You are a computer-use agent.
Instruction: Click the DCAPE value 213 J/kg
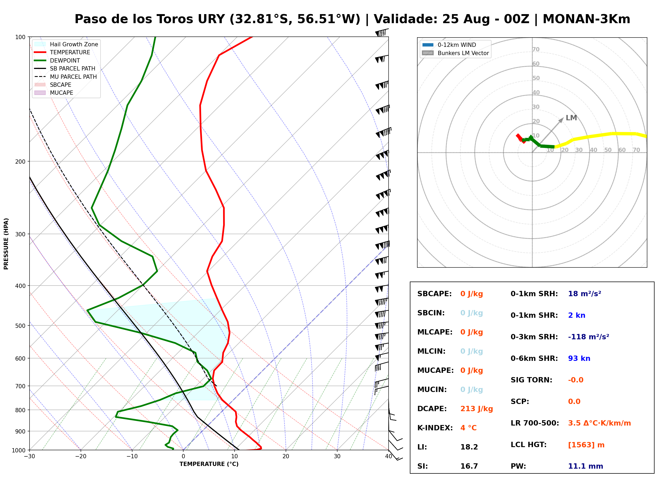[x=476, y=409]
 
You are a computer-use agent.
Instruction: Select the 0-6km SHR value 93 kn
[x=579, y=358]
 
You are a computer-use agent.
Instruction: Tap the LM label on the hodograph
[x=571, y=118]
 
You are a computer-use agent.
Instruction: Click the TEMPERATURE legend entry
[x=62, y=52]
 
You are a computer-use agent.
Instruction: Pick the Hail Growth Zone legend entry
[x=66, y=44]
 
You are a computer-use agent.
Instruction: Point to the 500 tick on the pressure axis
[x=21, y=326]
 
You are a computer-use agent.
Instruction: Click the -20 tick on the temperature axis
[x=80, y=456]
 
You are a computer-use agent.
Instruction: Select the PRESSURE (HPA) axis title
[x=6, y=243]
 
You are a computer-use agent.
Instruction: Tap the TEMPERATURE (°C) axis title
[x=209, y=464]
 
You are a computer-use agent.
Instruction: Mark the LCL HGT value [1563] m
[x=586, y=445]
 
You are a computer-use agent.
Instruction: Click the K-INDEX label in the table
[x=435, y=428]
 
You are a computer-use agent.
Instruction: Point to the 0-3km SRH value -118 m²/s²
[x=588, y=337]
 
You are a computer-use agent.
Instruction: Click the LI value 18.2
[x=469, y=447]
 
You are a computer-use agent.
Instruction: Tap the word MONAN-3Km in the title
[x=586, y=19]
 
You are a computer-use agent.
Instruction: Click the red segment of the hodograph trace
[x=520, y=139]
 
